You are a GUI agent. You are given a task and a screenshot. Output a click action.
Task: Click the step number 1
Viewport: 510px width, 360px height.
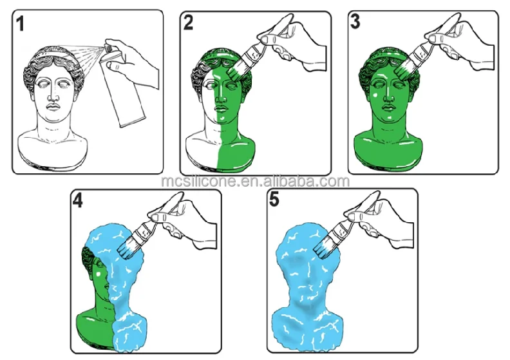click(x=20, y=24)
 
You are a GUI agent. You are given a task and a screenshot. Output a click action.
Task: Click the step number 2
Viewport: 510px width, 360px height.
click(x=188, y=23)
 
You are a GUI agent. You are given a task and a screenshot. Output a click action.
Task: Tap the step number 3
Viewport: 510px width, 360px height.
click(x=355, y=22)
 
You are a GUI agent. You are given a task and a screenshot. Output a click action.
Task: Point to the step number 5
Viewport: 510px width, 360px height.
click(x=274, y=199)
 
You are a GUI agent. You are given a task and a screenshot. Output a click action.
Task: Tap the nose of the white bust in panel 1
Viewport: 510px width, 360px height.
click(x=52, y=94)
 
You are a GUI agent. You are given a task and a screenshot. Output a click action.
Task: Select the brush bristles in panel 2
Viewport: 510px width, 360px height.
click(x=234, y=72)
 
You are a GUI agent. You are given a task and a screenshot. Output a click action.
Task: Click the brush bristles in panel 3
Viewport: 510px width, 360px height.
click(x=403, y=71)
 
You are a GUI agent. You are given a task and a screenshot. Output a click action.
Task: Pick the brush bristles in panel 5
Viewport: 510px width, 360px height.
click(x=324, y=247)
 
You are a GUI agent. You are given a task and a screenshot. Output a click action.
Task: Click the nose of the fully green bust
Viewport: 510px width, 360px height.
click(x=388, y=94)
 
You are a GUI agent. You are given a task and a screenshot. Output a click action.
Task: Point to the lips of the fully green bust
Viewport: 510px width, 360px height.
click(x=389, y=108)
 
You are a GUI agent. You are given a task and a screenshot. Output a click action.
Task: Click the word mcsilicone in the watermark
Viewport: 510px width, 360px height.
click(x=199, y=181)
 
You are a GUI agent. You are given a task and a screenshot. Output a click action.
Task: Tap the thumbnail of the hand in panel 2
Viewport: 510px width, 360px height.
click(x=267, y=39)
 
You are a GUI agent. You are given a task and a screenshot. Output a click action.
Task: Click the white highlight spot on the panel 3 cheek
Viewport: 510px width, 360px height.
click(x=375, y=95)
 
